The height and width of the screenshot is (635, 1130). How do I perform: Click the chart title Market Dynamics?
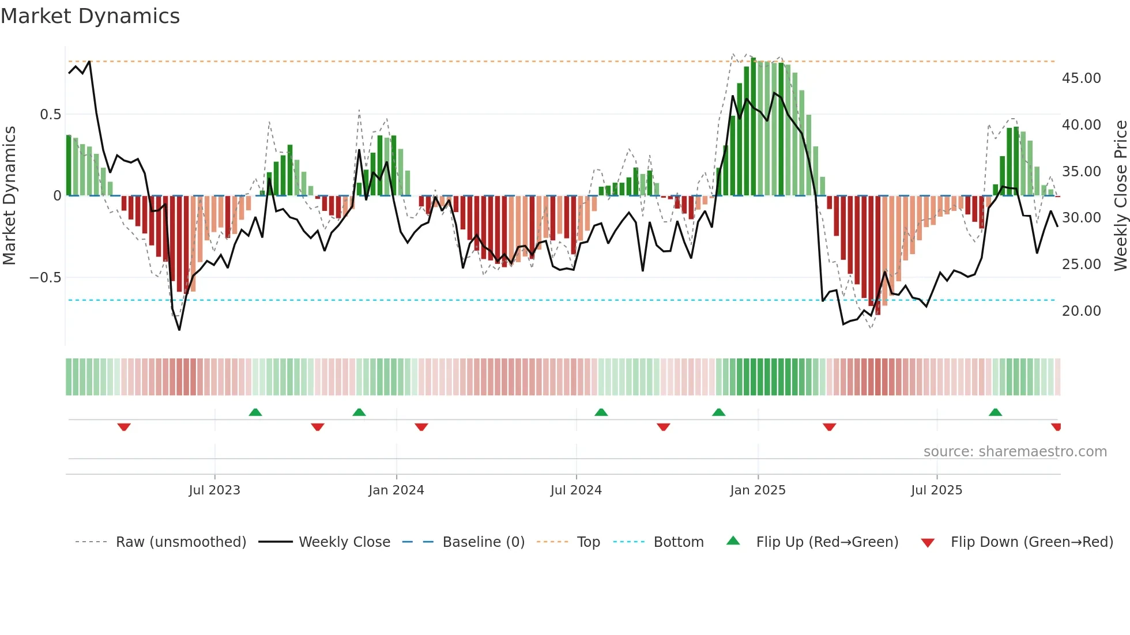90,16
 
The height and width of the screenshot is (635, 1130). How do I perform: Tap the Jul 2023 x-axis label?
214,490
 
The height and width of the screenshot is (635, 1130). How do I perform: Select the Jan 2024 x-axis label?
396,490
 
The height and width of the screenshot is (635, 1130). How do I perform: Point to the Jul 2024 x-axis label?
576,490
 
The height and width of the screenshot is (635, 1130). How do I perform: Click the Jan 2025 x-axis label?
758,490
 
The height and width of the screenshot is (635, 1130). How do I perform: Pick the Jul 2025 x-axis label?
937,490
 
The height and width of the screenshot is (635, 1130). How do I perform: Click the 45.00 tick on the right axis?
1081,78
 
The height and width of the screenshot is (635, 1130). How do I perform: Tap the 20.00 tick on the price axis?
1081,311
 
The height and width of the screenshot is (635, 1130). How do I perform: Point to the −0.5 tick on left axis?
45,278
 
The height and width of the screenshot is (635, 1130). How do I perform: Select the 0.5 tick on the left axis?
50,115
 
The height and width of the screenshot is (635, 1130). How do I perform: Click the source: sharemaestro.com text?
1015,452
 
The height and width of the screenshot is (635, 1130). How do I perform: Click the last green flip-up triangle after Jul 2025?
995,413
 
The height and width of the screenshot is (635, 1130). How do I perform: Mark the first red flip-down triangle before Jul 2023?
124,426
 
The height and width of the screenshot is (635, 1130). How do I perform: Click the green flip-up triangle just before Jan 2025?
718,413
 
